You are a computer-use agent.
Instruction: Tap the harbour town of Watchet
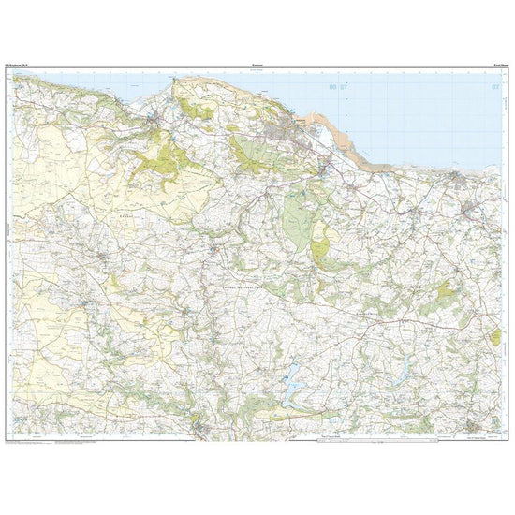[x=458, y=175]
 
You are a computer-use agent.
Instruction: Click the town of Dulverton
[x=201, y=426]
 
